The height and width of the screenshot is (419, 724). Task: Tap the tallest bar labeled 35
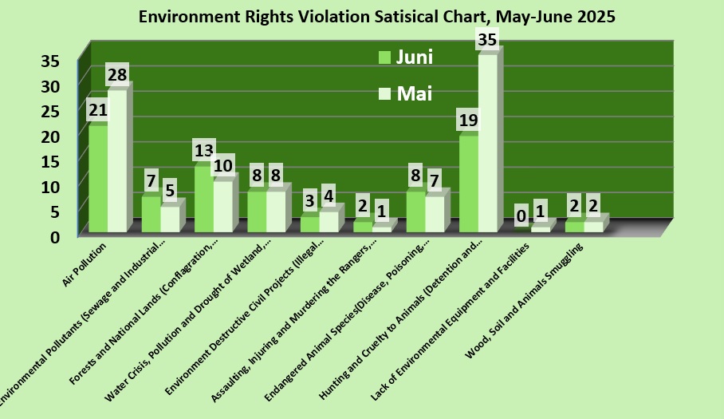click(487, 144)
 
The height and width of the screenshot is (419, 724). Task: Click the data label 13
click(204, 149)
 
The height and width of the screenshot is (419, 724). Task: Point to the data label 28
click(117, 74)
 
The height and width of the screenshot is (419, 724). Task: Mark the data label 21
click(98, 109)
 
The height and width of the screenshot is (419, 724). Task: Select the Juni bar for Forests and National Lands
click(203, 200)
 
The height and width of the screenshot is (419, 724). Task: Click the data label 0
click(521, 215)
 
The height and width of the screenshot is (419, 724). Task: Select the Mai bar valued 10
click(222, 207)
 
